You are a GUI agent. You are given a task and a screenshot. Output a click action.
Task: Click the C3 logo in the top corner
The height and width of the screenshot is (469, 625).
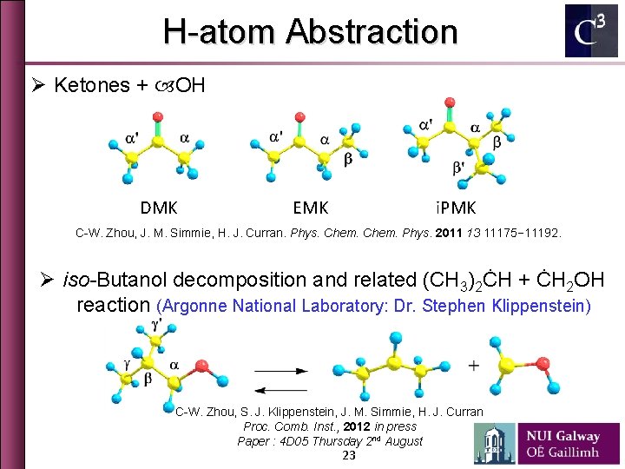591,31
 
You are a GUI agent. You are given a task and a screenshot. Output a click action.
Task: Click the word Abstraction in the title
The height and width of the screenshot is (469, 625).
372,32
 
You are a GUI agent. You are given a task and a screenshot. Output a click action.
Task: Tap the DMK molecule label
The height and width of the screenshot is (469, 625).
159,208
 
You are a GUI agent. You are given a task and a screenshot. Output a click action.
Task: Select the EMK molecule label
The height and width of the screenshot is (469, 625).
310,208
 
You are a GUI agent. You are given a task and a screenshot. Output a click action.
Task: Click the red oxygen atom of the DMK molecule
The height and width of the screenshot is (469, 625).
156,116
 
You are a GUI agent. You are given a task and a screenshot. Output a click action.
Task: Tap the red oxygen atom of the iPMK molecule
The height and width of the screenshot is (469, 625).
449,103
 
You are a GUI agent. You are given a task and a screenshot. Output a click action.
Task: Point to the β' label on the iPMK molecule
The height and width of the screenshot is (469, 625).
460,168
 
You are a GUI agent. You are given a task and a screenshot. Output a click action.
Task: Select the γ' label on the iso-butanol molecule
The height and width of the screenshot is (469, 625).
155,323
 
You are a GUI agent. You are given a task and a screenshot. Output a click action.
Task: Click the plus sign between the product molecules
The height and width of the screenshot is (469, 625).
472,366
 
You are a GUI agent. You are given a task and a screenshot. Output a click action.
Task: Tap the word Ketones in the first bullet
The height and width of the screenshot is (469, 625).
90,85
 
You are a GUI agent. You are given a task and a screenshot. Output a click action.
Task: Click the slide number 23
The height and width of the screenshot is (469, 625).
349,456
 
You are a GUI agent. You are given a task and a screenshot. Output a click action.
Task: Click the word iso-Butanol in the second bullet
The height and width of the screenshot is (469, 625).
115,281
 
